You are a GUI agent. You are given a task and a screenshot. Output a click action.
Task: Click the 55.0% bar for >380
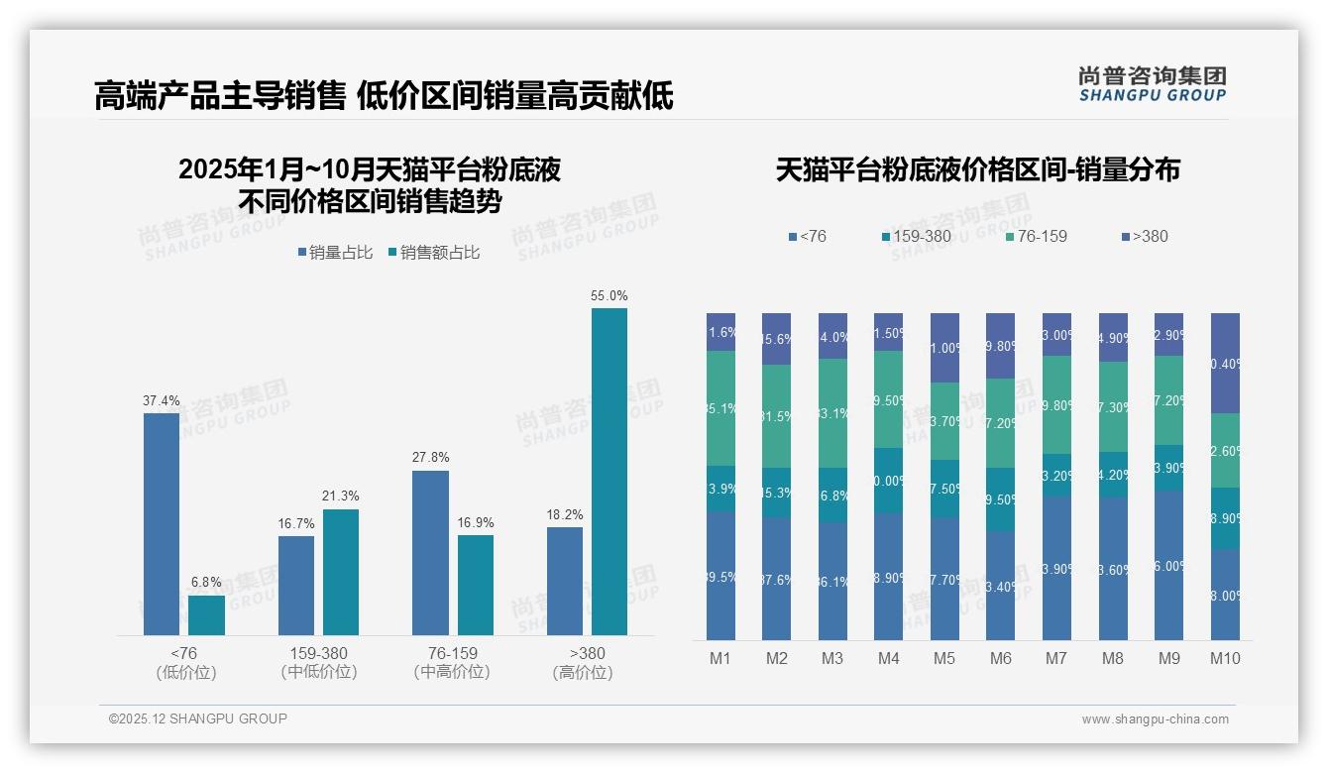(x=609, y=471)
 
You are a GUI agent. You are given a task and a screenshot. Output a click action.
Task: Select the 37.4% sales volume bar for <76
(x=162, y=523)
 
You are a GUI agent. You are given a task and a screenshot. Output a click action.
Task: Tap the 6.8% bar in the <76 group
(x=206, y=614)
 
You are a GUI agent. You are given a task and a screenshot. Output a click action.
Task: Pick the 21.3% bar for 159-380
(x=341, y=572)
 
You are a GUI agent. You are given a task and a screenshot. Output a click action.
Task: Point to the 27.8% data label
(x=430, y=458)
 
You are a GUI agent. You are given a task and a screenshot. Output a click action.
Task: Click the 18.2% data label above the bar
(x=565, y=514)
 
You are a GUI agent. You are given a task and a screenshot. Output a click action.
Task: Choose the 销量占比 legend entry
(x=335, y=253)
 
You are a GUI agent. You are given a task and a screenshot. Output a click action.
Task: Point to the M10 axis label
(x=1225, y=658)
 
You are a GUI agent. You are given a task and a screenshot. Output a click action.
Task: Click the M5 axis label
(x=944, y=658)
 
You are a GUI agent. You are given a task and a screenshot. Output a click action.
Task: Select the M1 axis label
(x=720, y=658)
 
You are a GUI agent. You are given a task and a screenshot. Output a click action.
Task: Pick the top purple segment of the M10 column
(x=1226, y=363)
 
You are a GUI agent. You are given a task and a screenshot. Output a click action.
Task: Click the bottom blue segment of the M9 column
(x=1169, y=565)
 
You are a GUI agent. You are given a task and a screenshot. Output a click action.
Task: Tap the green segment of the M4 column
(x=889, y=398)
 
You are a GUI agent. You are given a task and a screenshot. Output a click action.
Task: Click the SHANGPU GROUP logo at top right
(x=1153, y=84)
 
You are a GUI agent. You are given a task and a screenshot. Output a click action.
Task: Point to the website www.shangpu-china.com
(x=1155, y=719)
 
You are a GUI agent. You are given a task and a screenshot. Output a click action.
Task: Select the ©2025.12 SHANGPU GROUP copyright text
(x=198, y=718)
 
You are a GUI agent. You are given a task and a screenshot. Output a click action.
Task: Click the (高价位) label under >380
(x=588, y=673)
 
